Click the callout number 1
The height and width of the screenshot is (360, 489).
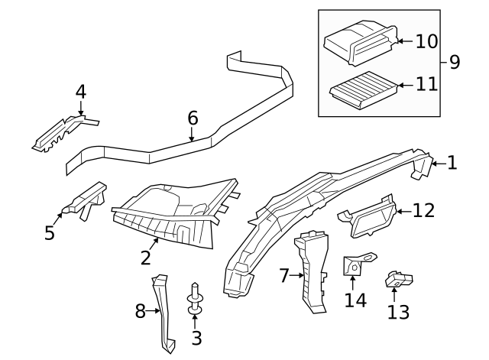(452, 163)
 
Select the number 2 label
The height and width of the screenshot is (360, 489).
(146, 258)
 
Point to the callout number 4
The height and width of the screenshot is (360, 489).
(81, 92)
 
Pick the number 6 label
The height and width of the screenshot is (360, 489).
(193, 118)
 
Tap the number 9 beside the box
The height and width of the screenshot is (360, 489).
(455, 62)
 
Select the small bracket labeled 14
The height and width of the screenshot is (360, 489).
(355, 265)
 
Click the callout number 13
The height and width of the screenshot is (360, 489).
(398, 312)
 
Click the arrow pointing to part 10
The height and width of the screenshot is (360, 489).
(402, 40)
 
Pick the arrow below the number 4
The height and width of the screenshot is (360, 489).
(81, 109)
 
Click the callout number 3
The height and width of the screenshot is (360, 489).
(196, 337)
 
